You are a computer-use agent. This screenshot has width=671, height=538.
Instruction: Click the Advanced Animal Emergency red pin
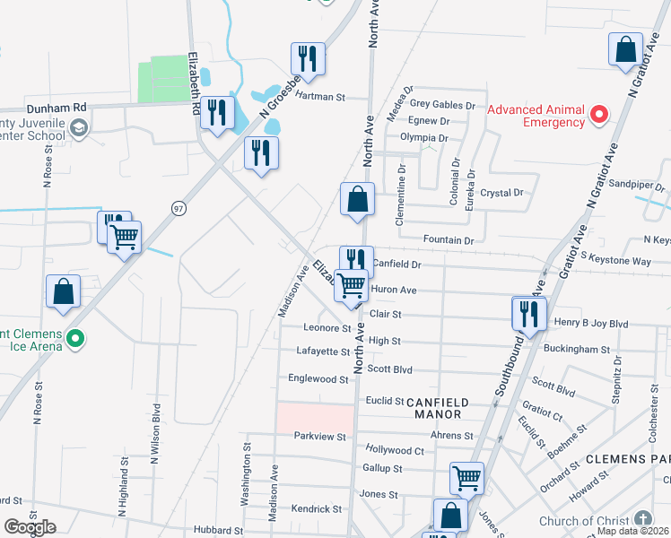(x=599, y=114)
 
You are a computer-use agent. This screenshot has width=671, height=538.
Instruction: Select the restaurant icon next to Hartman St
(x=307, y=59)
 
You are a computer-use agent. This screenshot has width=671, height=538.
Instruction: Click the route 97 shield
(x=179, y=208)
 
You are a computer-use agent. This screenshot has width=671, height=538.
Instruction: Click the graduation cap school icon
(x=79, y=127)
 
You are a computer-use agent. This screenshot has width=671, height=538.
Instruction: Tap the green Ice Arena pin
(x=76, y=339)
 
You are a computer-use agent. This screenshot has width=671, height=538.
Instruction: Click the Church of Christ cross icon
(x=642, y=519)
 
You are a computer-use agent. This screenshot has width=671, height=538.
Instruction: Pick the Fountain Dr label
(x=449, y=240)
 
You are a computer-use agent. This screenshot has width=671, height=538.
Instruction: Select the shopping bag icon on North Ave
(x=357, y=200)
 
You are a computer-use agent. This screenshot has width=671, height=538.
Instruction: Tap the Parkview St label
(x=320, y=437)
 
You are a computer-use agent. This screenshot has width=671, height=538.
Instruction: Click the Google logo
(x=30, y=526)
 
